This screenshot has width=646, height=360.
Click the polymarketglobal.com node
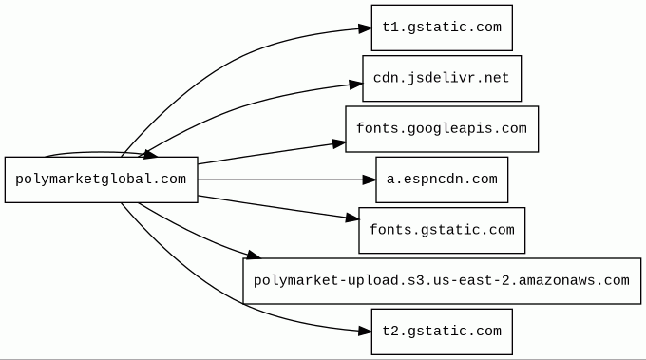click(102, 180)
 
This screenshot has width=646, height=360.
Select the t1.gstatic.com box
click(442, 28)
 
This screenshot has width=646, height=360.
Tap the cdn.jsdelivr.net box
click(442, 78)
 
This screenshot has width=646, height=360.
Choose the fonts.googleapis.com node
click(442, 129)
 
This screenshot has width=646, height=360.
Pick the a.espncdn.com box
click(442, 180)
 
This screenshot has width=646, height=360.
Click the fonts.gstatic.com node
click(442, 230)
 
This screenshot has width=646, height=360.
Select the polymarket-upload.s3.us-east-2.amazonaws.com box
click(442, 281)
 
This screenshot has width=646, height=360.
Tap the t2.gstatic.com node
click(442, 332)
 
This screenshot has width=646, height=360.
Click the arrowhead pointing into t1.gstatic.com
click(365, 28)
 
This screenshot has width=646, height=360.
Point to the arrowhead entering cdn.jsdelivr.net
click(356, 85)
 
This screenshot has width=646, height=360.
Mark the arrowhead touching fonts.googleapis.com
click(339, 143)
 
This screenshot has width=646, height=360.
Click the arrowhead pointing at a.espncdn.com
click(370, 180)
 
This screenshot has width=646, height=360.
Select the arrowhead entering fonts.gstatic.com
click(352, 218)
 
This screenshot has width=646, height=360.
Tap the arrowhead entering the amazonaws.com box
click(253, 255)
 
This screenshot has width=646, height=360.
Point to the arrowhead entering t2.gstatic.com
click(365, 331)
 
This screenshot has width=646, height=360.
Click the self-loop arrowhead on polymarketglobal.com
click(150, 155)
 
